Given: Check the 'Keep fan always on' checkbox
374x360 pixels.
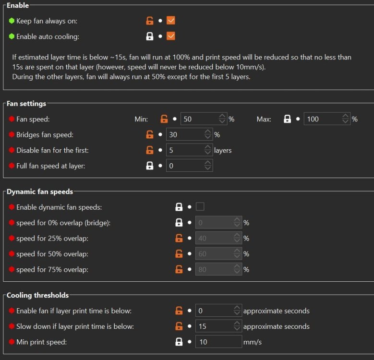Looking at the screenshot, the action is click(170, 21).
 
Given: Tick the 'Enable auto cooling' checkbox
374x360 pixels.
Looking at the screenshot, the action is click(170, 36).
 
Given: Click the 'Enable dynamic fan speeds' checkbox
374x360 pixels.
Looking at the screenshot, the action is click(200, 207).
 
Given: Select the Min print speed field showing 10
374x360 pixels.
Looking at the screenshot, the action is click(218, 342).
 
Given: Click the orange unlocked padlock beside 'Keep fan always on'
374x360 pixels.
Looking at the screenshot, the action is click(150, 21).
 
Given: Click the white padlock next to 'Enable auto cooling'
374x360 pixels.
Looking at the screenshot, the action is click(150, 36).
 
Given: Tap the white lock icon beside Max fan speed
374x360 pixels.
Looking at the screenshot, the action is click(287, 119).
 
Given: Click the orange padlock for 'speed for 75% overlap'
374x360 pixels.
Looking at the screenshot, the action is click(179, 269).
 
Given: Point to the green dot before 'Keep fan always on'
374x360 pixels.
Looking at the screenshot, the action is click(12, 21).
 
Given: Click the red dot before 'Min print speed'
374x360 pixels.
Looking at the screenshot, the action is click(12, 342).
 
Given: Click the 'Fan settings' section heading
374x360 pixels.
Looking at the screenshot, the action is click(26, 104).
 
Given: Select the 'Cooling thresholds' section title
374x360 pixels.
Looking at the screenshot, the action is click(37, 295).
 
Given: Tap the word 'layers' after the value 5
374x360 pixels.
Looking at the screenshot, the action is click(223, 150).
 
